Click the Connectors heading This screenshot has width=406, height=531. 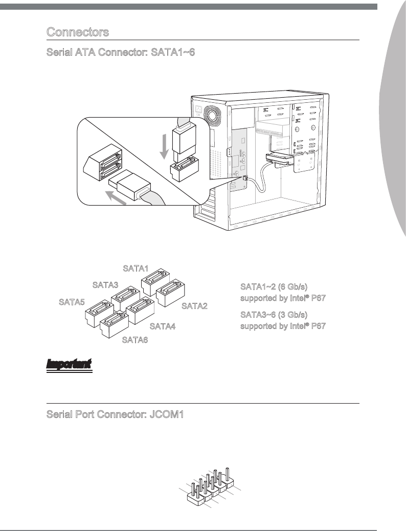point(78,32)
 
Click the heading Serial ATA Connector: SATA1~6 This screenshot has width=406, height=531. point(120,53)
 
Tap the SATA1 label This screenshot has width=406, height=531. point(135,268)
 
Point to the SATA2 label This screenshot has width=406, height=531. point(194,306)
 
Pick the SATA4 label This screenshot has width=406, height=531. point(162,326)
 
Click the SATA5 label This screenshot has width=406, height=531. point(72,302)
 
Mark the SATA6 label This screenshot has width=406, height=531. point(135,340)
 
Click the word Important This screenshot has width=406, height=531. point(69,365)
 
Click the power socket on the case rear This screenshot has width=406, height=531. point(199,109)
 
